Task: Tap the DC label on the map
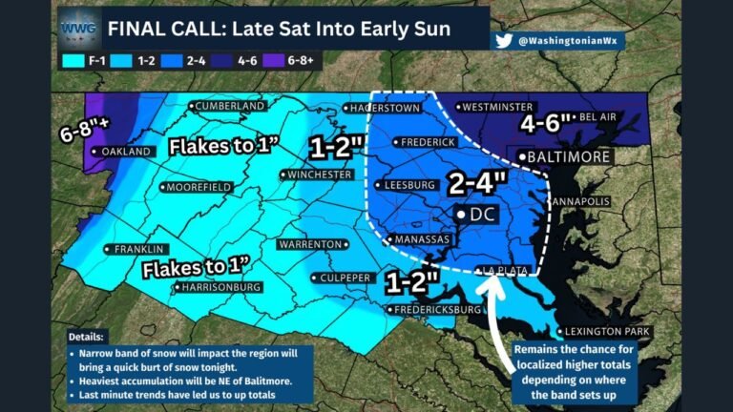click(x=482, y=216)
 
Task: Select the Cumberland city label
click(x=230, y=105)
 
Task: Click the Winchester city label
click(x=320, y=175)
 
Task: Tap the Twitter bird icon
click(x=505, y=41)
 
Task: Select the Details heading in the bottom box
click(x=88, y=338)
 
